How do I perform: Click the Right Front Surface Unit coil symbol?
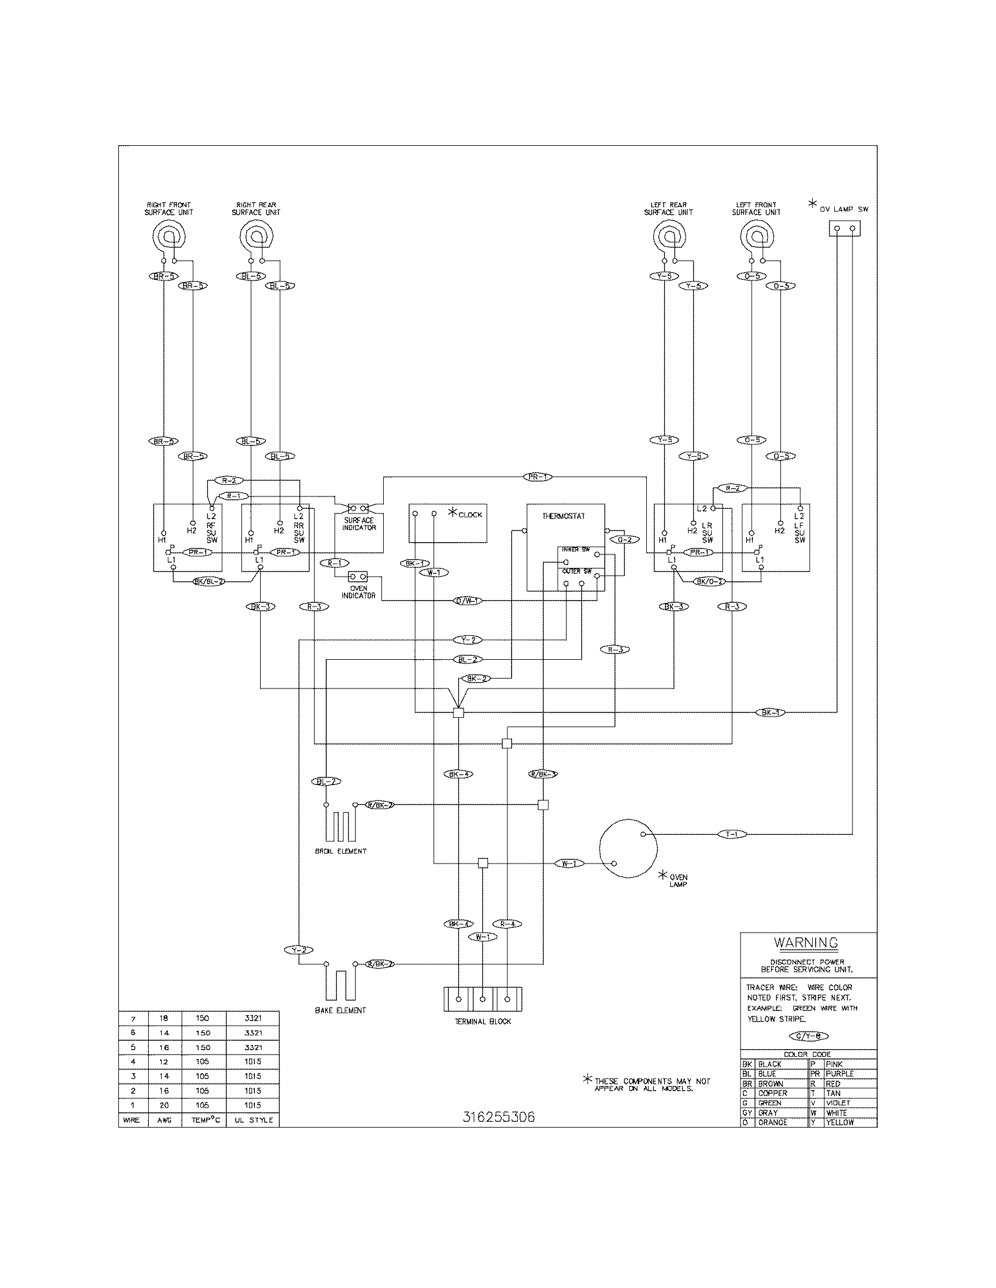coord(169,238)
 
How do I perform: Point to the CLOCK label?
coord(470,515)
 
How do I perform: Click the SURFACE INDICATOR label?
coord(359,524)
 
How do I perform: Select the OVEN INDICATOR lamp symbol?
coord(357,576)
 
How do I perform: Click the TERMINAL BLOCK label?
coord(483,1020)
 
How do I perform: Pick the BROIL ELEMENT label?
coord(340,851)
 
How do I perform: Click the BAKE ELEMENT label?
coord(340,1010)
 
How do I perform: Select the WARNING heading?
coord(806,943)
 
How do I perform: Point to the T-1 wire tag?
coord(732,834)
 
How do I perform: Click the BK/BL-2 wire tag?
coord(209,581)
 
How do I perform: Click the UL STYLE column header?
coord(253,1119)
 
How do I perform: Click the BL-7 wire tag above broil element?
coord(326,782)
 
